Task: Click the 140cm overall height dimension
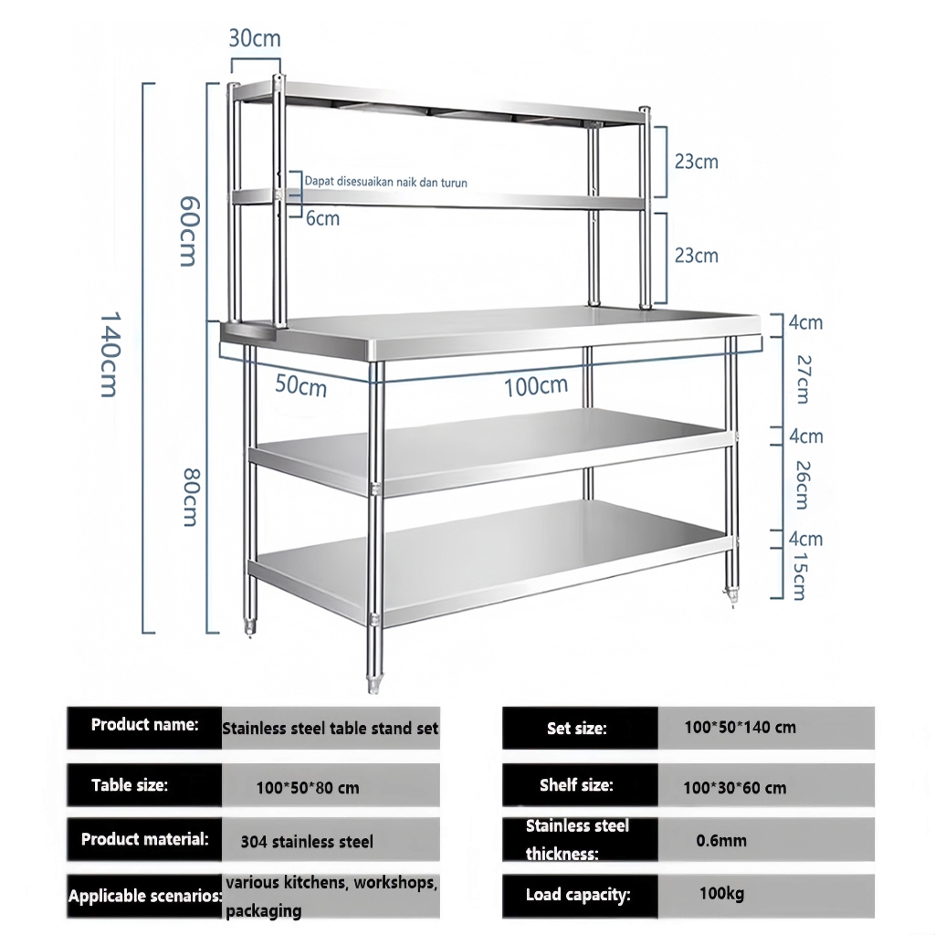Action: pos(107,356)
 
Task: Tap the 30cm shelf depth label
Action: pos(255,38)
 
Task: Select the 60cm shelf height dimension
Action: pos(187,232)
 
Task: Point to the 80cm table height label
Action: pos(189,497)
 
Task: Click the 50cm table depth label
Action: pos(300,386)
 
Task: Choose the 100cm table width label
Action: pos(536,386)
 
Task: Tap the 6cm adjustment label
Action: pos(321,218)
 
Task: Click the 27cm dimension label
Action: pos(801,378)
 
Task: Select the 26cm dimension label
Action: pos(801,484)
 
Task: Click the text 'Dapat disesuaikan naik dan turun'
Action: pos(386,183)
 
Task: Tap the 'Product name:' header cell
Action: pos(144,726)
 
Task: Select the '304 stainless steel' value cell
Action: pos(307,841)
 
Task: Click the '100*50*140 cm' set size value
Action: pos(740,728)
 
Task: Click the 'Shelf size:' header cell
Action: pos(576,785)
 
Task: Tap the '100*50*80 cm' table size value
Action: pos(307,787)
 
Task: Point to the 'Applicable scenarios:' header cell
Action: pos(144,896)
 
